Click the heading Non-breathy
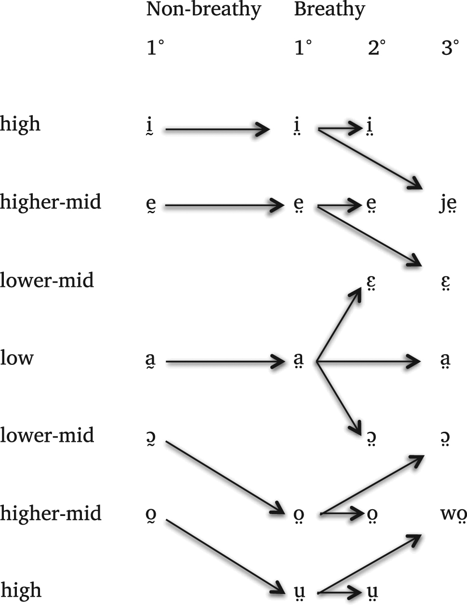coord(203,10)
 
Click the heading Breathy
coord(329,10)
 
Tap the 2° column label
coord(376,48)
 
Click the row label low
coord(17,358)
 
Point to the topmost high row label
coord(20,124)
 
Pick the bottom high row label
coord(21,590)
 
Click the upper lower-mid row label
coord(47,280)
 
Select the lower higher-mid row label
coord(51,513)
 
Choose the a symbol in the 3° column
coord(445,360)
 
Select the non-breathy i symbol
coord(150,128)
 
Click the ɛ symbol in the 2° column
coord(371,283)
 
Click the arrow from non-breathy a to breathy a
coord(225,360)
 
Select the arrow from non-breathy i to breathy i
coord(217,129)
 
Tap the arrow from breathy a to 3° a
coord(369,360)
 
